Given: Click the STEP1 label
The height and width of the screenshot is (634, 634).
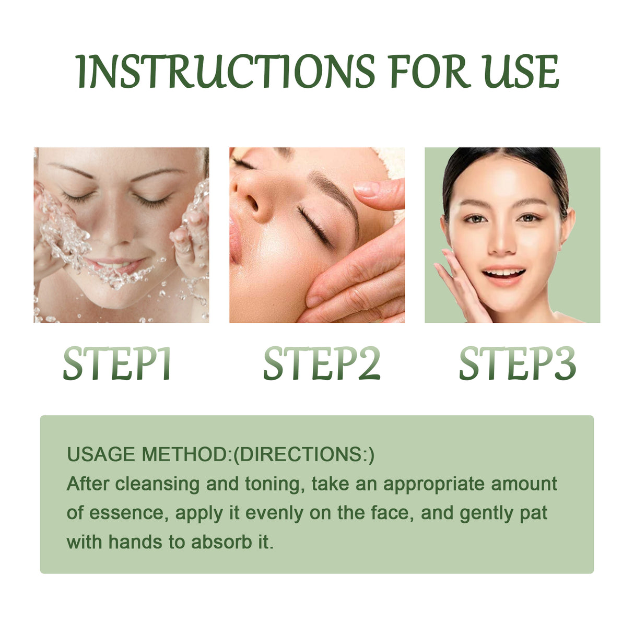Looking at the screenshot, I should pyautogui.click(x=118, y=363).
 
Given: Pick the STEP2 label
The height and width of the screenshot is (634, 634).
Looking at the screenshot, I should pyautogui.click(x=321, y=363).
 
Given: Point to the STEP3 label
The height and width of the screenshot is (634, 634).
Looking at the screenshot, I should pyautogui.click(x=517, y=363).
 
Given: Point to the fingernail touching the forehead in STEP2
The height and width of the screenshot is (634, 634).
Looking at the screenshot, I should pyautogui.click(x=366, y=189).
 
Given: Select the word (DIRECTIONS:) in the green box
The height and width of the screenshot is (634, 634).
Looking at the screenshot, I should pyautogui.click(x=303, y=454).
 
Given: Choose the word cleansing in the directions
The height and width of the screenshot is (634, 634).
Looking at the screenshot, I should pyautogui.click(x=157, y=484).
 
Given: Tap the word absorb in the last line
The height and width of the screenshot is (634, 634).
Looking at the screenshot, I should pyautogui.click(x=221, y=542).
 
